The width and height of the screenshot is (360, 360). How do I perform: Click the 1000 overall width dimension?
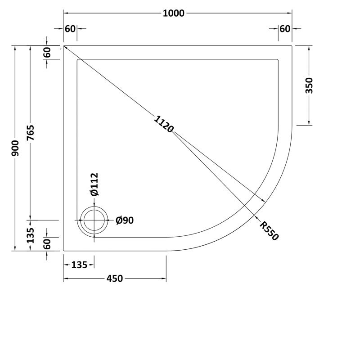pos(174,13)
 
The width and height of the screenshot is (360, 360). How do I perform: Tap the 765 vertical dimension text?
pos(30,133)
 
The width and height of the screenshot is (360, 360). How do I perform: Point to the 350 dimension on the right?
pos(309,85)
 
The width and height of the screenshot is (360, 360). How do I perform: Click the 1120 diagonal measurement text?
pos(163,124)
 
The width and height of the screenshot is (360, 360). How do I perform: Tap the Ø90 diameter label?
pos(125,220)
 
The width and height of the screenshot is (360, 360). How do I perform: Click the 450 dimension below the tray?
pos(115,279)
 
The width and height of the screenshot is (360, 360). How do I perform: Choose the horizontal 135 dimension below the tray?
pos(79,265)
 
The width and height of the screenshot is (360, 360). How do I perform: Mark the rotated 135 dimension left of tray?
pos(30,235)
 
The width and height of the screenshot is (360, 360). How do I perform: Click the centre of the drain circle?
pos(94,220)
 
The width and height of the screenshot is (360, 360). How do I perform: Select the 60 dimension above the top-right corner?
pos(284,29)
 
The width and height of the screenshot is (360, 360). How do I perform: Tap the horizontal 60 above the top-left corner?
pos(70,29)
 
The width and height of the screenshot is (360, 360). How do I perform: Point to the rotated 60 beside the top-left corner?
pos(48,53)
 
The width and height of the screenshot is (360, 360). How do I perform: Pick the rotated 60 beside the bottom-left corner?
pos(48,244)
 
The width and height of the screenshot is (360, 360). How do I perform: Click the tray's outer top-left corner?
pos(63,46)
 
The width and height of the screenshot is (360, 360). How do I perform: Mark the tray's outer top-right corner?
pos(292,46)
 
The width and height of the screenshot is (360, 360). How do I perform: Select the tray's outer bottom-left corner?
pos(63,251)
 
